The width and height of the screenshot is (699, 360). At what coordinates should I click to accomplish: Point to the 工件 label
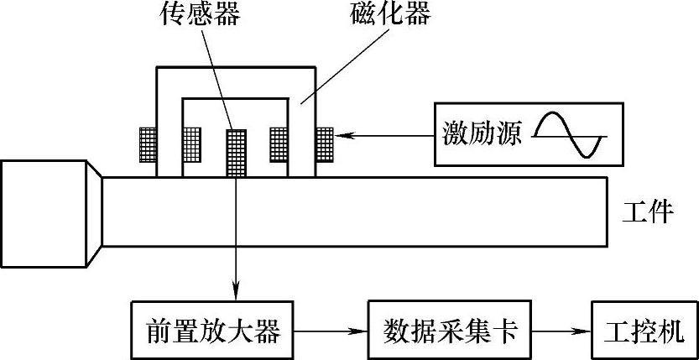[649, 211]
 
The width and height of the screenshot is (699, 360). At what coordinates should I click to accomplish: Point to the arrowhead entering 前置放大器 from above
[237, 290]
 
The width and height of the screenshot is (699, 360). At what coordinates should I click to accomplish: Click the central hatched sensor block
[237, 152]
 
